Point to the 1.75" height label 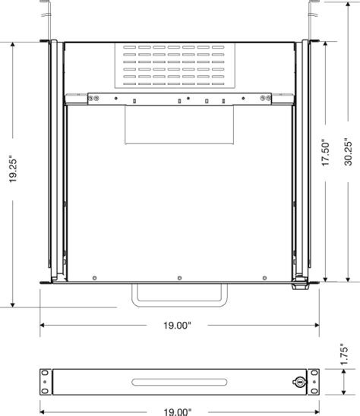click(x=346, y=355)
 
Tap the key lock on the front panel click(x=301, y=383)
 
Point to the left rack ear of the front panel click(x=46, y=383)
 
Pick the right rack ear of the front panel click(x=312, y=383)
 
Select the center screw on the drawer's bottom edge click(x=178, y=276)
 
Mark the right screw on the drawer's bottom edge click(x=264, y=276)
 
